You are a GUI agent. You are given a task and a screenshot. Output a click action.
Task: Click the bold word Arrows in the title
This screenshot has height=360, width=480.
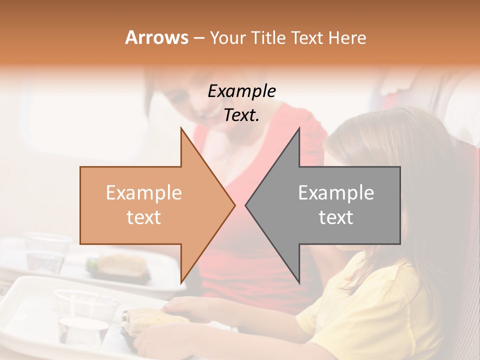tap(156, 37)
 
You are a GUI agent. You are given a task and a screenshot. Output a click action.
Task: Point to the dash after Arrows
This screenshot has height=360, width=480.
tap(198, 38)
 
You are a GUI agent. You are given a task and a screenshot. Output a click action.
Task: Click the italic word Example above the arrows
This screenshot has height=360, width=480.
tap(241, 91)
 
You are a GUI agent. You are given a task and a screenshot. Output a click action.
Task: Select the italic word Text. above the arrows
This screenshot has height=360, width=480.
tap(241, 115)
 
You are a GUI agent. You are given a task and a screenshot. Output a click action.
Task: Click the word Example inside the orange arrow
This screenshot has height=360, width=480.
tap(143, 193)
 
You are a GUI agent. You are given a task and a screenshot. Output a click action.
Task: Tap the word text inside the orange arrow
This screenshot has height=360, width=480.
tap(143, 217)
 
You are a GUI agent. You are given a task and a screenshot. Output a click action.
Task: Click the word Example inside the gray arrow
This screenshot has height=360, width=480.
tap(336, 193)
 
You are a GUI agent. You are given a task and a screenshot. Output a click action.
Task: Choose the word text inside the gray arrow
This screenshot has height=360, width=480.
tap(336, 217)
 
